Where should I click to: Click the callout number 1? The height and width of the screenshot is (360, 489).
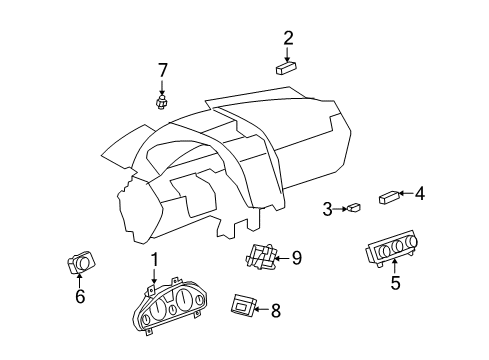point(155,260)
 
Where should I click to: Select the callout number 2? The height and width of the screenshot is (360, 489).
point(288,39)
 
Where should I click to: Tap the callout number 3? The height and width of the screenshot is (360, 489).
point(327,209)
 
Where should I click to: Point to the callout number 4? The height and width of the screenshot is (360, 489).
point(420,193)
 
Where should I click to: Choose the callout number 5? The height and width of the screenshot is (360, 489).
point(395,283)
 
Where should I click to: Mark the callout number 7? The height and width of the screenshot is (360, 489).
point(161,69)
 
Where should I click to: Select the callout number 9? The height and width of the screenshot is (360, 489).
point(296,258)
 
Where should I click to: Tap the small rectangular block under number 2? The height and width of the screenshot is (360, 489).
point(288,68)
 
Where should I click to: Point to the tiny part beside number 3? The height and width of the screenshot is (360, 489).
point(353,208)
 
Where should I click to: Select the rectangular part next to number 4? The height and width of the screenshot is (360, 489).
point(390,197)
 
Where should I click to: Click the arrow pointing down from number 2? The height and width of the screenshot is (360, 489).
point(288,54)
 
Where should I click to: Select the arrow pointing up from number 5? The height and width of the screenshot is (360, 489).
point(395,266)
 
